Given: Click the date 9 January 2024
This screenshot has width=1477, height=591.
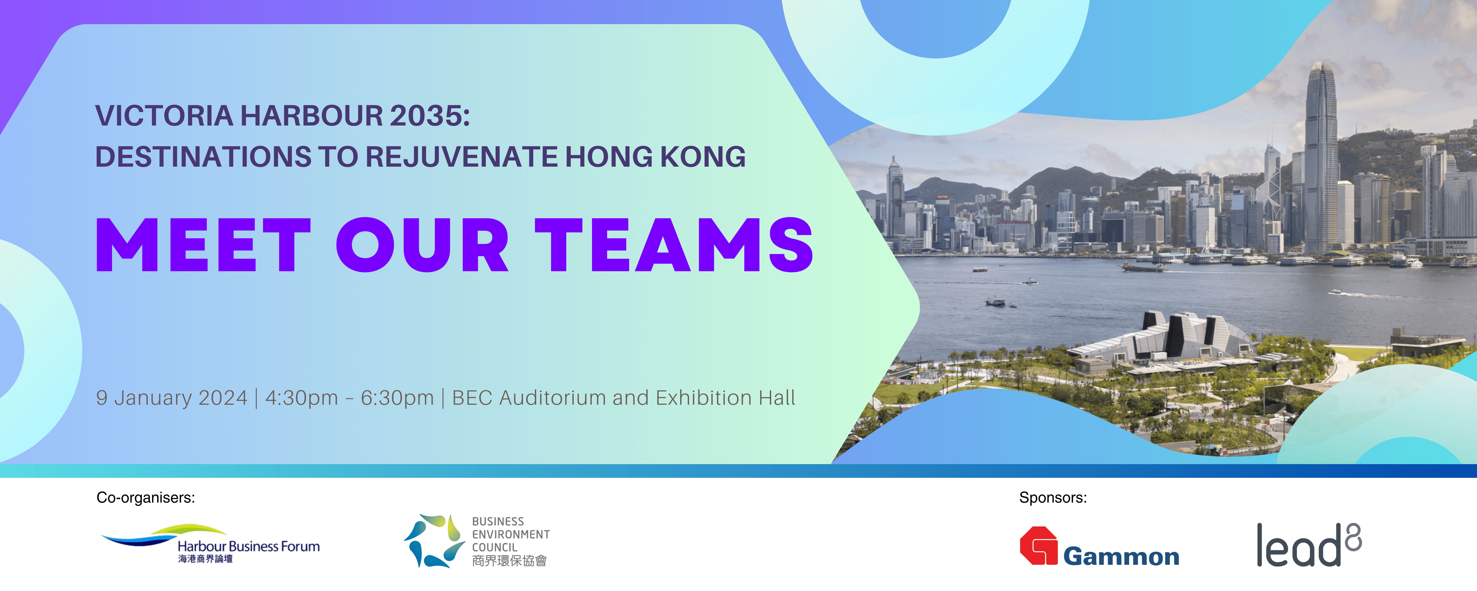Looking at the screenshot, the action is click(x=171, y=398).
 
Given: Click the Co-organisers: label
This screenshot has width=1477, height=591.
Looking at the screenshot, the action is click(x=146, y=497).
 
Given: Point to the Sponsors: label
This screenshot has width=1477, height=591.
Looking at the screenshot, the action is click(x=1053, y=497).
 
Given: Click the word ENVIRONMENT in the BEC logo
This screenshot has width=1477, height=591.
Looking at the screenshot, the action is click(x=511, y=534).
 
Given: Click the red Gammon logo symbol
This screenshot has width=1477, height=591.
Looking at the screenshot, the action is click(x=1038, y=546).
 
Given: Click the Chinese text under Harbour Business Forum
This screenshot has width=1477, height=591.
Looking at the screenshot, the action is click(x=205, y=559).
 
